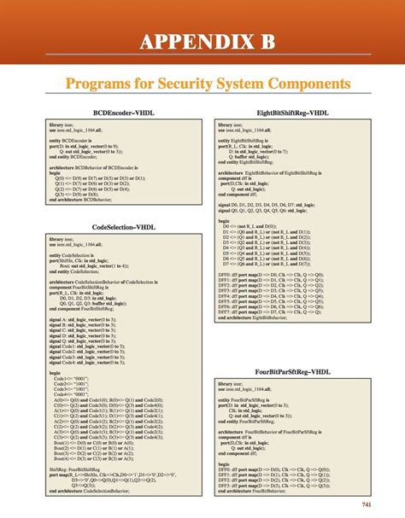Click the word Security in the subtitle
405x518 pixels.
point(186,84)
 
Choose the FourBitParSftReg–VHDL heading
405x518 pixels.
point(293,371)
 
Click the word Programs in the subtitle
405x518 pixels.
point(96,84)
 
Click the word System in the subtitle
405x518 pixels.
point(242,84)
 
